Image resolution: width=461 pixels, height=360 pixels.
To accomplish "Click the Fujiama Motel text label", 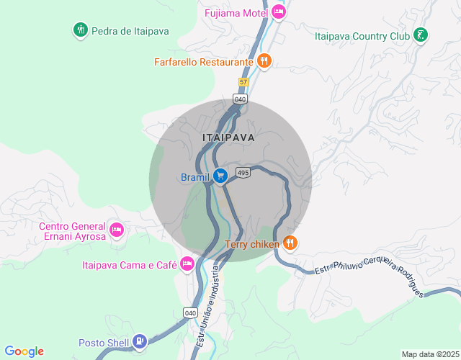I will [x=236, y=13].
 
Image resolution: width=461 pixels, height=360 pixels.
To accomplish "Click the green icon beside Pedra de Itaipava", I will [x=80, y=30].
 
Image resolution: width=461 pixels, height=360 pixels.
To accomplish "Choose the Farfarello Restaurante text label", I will [x=203, y=62].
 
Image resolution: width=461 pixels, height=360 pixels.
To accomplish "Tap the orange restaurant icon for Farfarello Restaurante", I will [x=264, y=61].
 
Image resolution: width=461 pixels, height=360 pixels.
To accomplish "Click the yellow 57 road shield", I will [x=243, y=82].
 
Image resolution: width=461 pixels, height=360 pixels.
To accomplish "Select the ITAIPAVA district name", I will [x=228, y=137].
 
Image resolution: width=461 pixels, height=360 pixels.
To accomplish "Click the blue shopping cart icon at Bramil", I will [x=220, y=176].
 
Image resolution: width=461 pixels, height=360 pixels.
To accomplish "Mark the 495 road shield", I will [x=243, y=173].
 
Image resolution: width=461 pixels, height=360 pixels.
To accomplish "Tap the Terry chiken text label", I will [x=252, y=244].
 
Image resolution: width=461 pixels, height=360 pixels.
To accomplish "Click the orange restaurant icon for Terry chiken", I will [x=290, y=243].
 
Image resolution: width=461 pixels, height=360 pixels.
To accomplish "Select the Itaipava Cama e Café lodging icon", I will [x=187, y=264].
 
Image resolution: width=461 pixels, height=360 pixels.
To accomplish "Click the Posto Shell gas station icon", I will [x=140, y=341].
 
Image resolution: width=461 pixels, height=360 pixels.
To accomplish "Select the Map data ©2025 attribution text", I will [x=429, y=354].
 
